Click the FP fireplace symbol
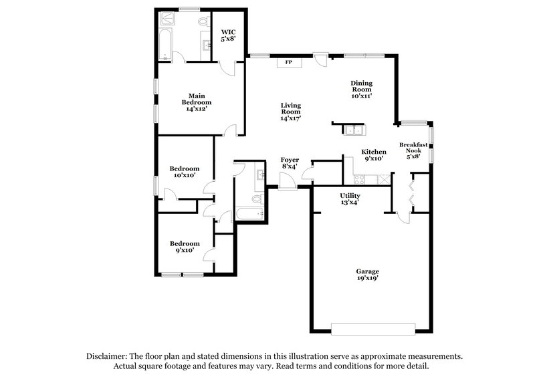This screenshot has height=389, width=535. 289,63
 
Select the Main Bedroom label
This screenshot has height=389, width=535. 196,102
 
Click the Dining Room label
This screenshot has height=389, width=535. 361,90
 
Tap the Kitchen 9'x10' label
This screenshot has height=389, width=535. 374,155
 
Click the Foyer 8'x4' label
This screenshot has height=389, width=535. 289,164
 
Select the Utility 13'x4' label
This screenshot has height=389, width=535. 350,198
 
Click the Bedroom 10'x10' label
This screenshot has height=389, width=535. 185,172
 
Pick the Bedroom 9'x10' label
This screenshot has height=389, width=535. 185,247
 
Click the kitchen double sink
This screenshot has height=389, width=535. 354,130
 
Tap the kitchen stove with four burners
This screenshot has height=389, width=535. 360,179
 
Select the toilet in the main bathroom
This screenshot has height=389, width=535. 203,23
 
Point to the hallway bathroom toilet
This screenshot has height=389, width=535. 256,199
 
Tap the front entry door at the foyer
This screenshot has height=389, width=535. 288,180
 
